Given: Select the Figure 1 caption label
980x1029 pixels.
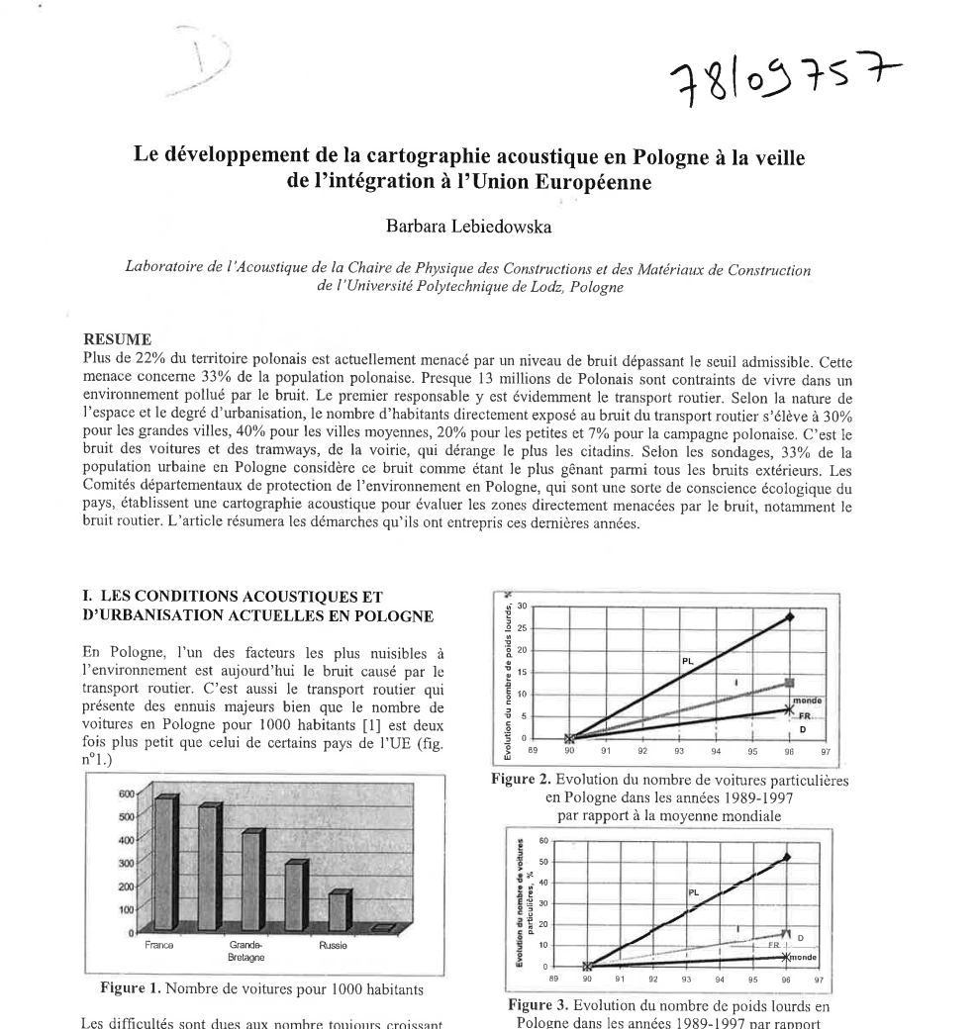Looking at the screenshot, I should pyautogui.click(x=133, y=986).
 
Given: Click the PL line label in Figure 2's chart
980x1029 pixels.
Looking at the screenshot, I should pyautogui.click(x=686, y=660).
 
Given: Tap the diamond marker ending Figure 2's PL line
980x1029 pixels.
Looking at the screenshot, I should pyautogui.click(x=790, y=616).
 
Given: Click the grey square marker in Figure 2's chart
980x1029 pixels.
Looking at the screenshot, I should pyautogui.click(x=789, y=683).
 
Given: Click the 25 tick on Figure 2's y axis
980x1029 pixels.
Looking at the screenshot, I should pyautogui.click(x=525, y=627).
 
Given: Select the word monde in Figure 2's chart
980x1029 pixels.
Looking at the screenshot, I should pyautogui.click(x=808, y=700).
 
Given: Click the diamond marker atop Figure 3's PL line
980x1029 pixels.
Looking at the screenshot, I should pyautogui.click(x=787, y=857).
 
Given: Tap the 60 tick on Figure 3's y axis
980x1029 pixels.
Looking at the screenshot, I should pyautogui.click(x=542, y=841).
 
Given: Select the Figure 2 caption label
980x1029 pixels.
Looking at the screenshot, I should pyautogui.click(x=524, y=780).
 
